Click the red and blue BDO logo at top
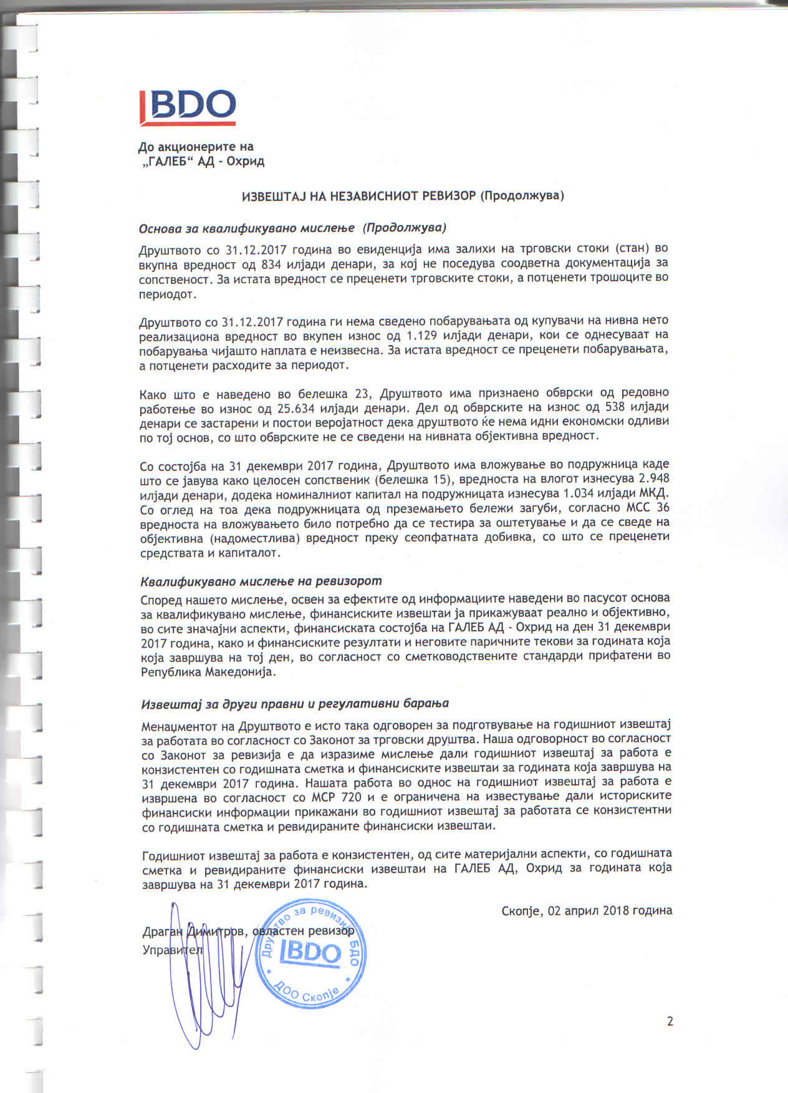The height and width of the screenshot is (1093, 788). pos(186,107)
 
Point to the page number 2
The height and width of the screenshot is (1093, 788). pos(670,1021)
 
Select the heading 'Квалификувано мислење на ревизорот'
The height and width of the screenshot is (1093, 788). pos(261,581)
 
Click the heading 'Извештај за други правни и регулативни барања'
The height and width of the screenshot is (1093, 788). pos(294,704)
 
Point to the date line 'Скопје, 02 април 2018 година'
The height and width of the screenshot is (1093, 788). pos(587,910)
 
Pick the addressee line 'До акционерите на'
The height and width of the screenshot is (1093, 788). pos(196,147)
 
